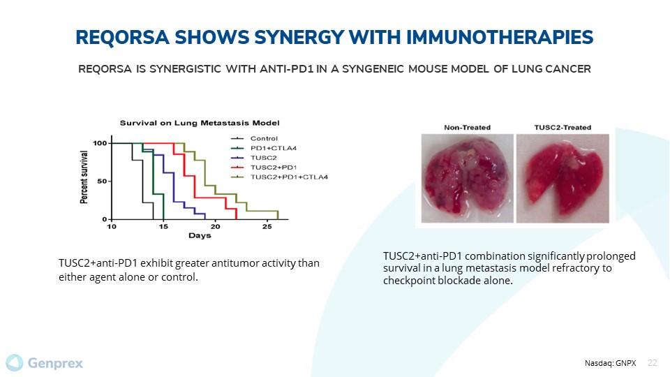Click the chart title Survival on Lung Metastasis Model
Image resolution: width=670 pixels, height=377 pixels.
tap(200, 123)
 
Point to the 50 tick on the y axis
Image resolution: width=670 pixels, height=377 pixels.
tap(102, 182)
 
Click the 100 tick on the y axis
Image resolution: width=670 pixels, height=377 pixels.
tap(100, 143)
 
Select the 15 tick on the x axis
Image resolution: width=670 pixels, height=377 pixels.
tap(163, 226)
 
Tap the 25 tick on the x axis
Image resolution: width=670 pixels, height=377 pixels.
tap(267, 226)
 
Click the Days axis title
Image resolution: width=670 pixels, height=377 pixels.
tap(200, 235)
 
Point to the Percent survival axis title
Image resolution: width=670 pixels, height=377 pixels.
tap(84, 177)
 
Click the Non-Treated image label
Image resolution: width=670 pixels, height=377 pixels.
tap(467, 127)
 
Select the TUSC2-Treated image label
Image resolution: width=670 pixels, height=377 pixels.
tap(563, 127)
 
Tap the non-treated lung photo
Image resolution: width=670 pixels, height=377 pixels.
tap(468, 178)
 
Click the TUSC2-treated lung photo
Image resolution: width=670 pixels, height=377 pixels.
tap(563, 178)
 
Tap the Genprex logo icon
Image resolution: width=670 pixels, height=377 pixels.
tap(15, 363)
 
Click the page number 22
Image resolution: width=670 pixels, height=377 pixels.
tap(653, 363)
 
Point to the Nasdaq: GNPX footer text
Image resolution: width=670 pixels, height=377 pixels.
tap(610, 363)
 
